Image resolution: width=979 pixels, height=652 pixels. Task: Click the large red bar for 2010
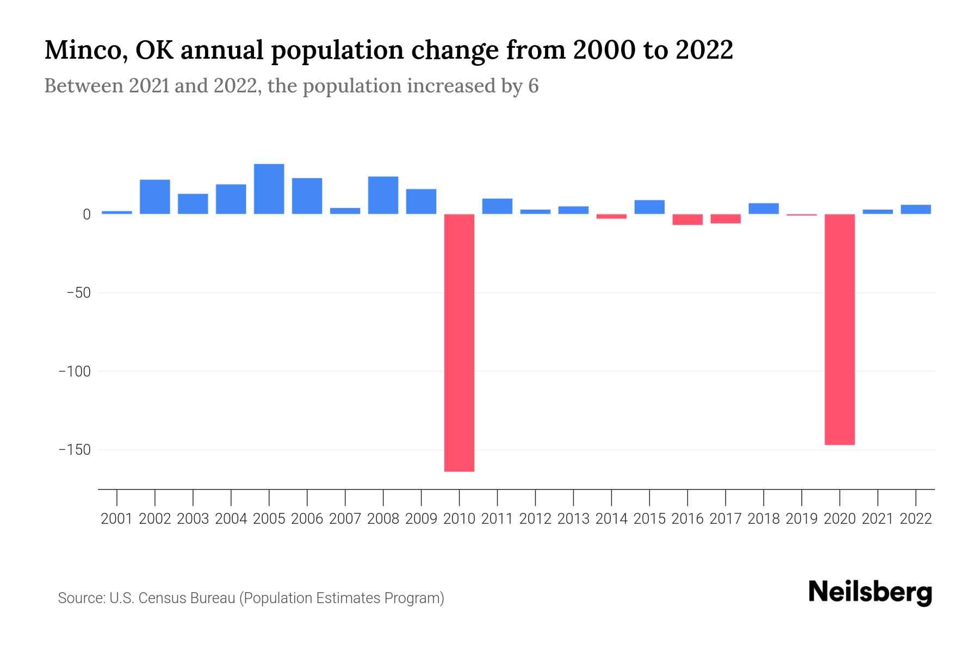(459, 342)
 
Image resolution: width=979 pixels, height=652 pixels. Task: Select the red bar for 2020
(839, 329)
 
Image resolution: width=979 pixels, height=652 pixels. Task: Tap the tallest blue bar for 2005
(269, 189)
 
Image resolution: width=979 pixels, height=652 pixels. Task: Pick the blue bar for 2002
(155, 197)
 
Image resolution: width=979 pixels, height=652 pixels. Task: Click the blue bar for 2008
(383, 195)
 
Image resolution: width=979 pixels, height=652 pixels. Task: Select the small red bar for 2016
(687, 220)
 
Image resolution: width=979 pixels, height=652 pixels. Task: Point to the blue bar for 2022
(915, 209)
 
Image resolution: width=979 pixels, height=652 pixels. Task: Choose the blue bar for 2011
(497, 206)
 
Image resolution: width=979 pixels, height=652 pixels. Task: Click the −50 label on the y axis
(78, 293)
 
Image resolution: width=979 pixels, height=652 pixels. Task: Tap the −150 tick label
(75, 450)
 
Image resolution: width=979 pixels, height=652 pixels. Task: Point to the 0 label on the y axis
(86, 215)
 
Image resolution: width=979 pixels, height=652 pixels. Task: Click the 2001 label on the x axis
(117, 519)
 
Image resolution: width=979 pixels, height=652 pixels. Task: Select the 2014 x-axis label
(611, 519)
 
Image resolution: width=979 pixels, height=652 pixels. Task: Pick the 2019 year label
(801, 519)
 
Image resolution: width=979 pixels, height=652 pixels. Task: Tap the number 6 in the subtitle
(533, 86)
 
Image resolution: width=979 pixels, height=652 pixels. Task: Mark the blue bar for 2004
(231, 199)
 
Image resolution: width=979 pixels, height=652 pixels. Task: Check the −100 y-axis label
(75, 372)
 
